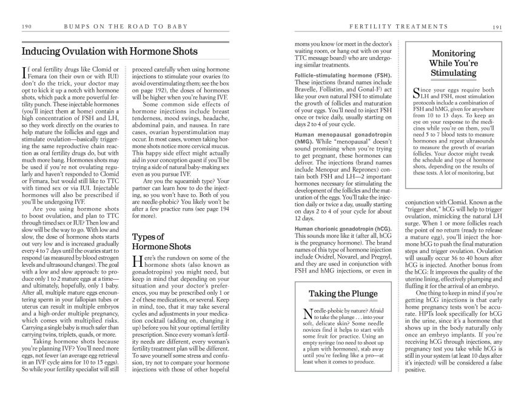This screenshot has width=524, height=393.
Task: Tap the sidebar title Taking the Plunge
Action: pyautogui.click(x=343, y=294)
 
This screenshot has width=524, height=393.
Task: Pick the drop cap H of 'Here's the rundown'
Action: pyautogui.click(x=137, y=261)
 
